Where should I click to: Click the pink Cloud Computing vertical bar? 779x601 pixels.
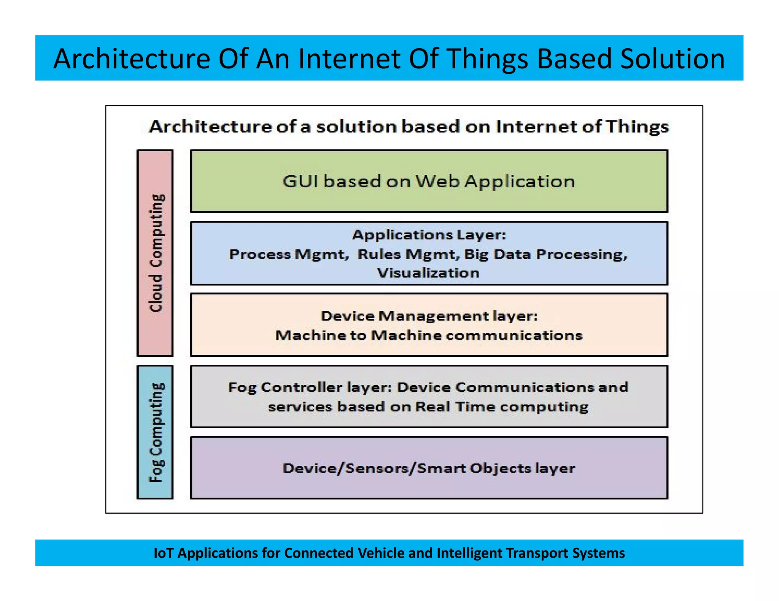tap(155, 253)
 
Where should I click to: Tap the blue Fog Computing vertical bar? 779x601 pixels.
tap(155, 432)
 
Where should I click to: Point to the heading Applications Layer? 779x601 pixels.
tap(429, 235)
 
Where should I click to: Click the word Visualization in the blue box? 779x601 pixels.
tap(428, 273)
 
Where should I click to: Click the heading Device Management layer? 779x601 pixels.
tap(429, 316)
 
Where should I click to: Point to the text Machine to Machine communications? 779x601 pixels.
tap(429, 335)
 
